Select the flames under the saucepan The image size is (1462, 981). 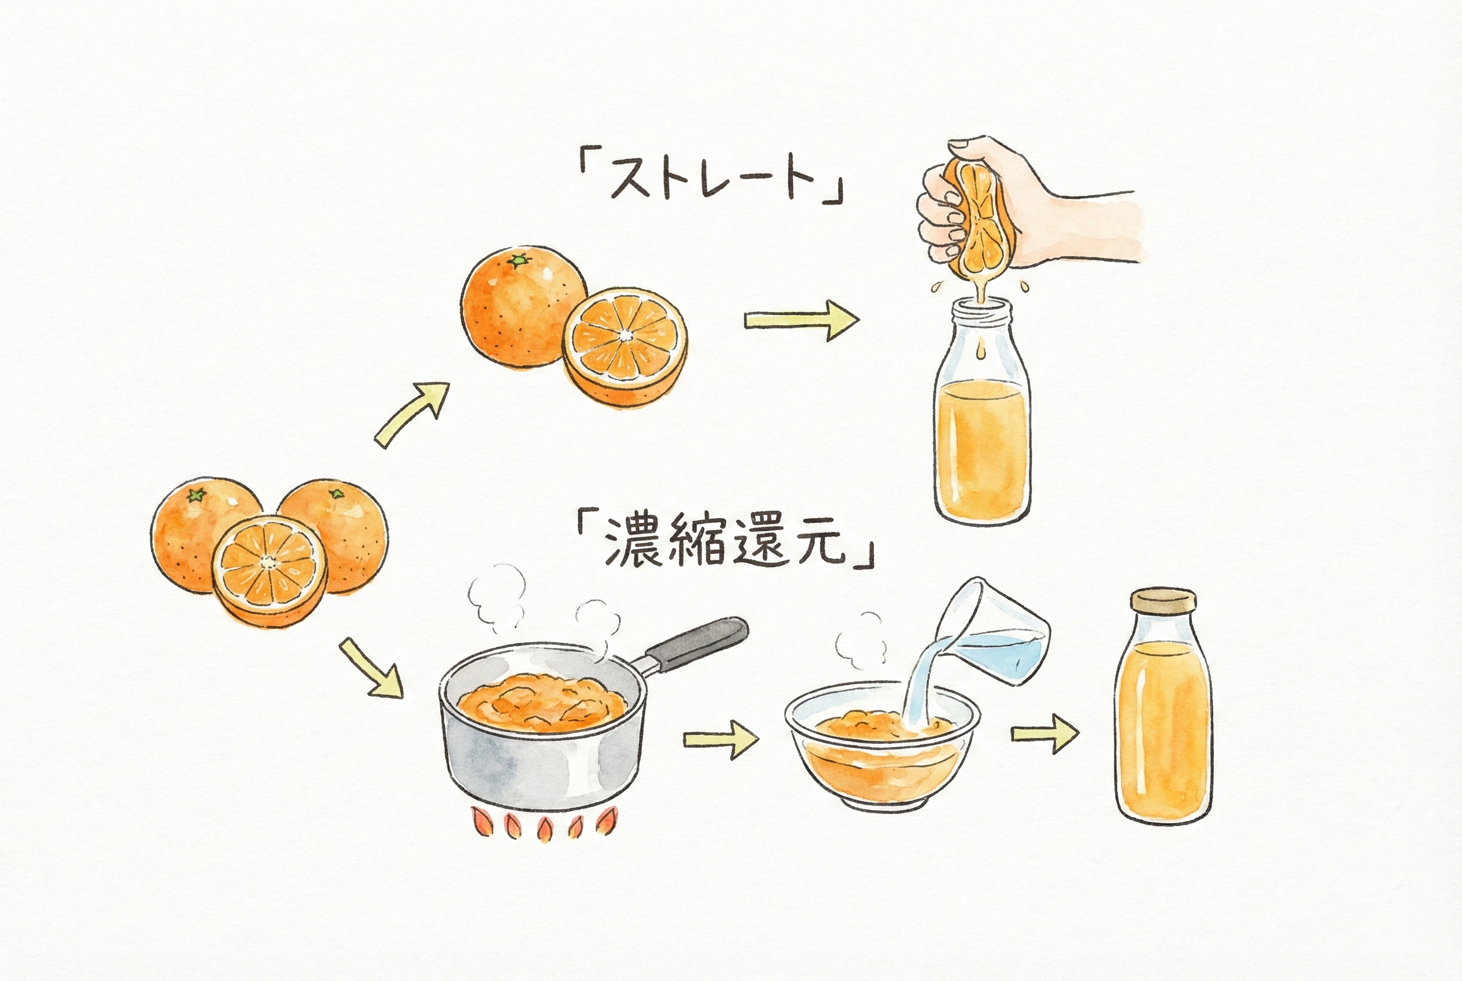point(542,825)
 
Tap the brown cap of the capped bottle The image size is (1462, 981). point(1163,599)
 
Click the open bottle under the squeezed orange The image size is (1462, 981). point(981,426)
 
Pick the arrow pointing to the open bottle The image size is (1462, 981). point(801,320)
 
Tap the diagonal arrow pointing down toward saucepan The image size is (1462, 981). point(371,668)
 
